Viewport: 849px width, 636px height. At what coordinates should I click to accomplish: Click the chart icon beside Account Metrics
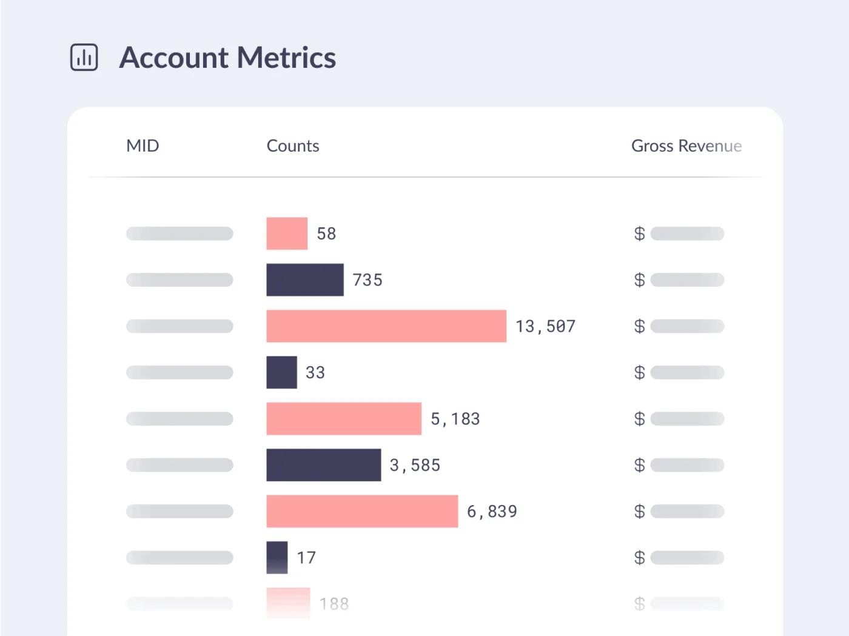click(x=84, y=58)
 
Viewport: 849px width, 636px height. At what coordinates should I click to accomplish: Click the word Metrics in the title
click(x=286, y=58)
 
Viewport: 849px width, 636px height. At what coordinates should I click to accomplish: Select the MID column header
click(x=143, y=146)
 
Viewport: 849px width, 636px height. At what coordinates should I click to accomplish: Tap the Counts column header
click(x=293, y=146)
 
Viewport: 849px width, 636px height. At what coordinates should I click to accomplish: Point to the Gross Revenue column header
click(x=686, y=146)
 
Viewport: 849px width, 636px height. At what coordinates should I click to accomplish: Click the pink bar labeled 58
click(x=287, y=233)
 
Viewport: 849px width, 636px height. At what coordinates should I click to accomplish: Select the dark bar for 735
click(x=305, y=280)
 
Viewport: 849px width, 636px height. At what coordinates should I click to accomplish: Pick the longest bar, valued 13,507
click(x=386, y=326)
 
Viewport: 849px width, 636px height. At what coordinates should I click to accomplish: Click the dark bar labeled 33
click(x=282, y=372)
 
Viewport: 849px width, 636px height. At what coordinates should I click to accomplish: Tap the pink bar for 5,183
click(x=344, y=419)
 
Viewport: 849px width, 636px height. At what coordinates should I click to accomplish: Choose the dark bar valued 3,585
click(x=324, y=465)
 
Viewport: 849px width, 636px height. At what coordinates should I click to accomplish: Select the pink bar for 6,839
click(x=362, y=511)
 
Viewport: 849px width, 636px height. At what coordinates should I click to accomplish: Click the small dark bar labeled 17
click(x=277, y=557)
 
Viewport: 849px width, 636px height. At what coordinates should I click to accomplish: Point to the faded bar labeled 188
click(x=288, y=603)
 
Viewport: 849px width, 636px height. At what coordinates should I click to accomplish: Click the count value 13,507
click(x=545, y=326)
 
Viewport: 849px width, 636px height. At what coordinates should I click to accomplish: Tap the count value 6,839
click(x=492, y=512)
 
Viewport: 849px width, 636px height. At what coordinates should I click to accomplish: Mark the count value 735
click(x=367, y=280)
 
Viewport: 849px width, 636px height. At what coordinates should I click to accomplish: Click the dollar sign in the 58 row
click(x=639, y=233)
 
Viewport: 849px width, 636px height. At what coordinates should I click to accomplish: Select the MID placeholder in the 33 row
click(x=180, y=372)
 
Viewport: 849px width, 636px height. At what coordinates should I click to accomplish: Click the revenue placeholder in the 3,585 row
click(x=687, y=465)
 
